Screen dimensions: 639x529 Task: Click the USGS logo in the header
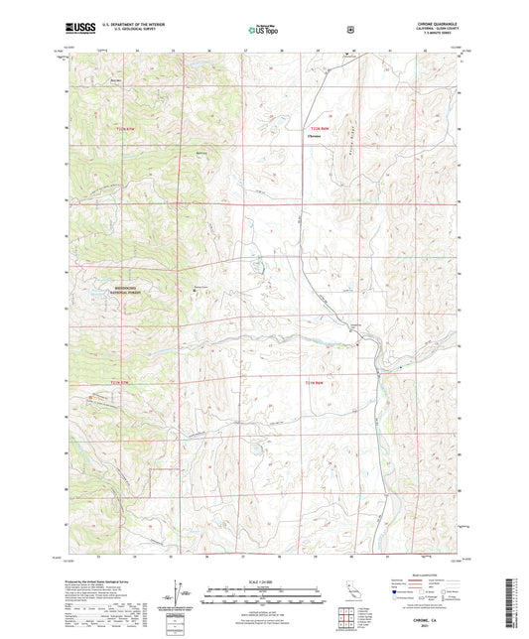click(78, 29)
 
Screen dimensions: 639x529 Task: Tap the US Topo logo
click(262, 30)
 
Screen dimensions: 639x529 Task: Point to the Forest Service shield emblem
click(349, 29)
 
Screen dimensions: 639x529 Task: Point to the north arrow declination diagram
click(180, 602)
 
